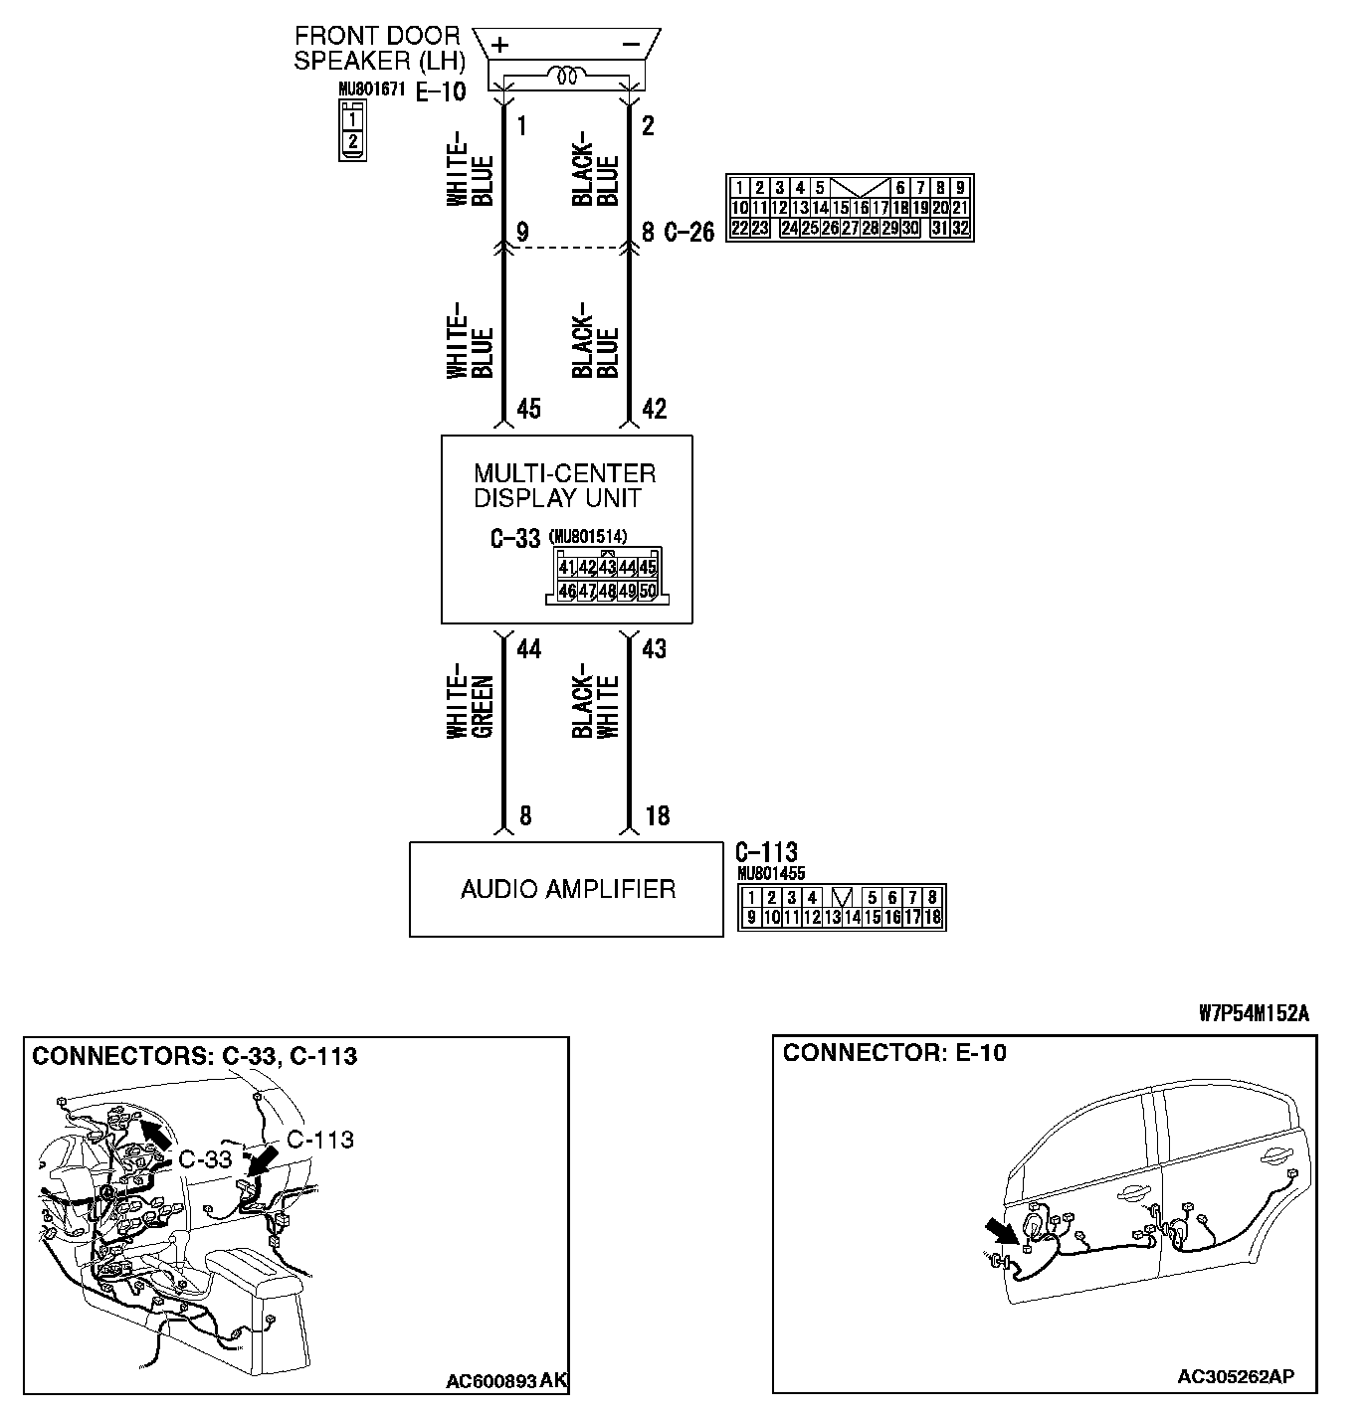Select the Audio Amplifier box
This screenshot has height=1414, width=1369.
coord(566,889)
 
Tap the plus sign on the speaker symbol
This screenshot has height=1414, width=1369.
coord(500,44)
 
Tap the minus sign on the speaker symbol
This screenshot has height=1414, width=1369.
coord(630,44)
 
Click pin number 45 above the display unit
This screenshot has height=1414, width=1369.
coord(529,409)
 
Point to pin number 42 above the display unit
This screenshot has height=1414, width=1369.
coord(654,409)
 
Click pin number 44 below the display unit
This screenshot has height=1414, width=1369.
coord(528,649)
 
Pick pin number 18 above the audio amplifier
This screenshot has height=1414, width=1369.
coord(658,816)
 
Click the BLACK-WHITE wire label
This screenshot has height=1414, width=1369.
coord(596,706)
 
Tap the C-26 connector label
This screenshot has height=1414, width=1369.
coord(689,233)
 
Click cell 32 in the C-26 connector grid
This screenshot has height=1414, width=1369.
coord(960,228)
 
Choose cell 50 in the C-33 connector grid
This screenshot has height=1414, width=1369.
coord(648,591)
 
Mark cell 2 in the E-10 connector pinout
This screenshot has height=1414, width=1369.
coord(352,140)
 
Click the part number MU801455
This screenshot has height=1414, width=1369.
coord(772,874)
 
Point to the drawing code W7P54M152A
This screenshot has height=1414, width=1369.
coord(1254,1014)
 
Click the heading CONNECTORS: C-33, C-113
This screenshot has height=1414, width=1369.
coord(194,1056)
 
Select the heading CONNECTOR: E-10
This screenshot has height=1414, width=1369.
coord(894,1053)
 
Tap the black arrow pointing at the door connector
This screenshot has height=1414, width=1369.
coord(1005,1234)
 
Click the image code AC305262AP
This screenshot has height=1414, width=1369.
coord(1236,1377)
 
